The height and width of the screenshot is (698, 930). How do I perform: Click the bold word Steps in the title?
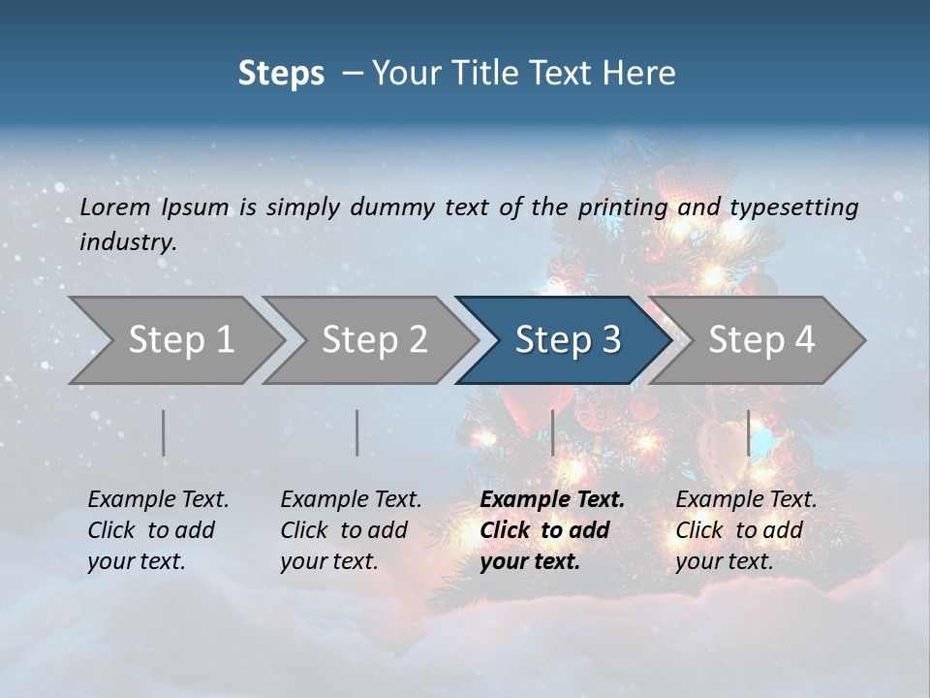(x=281, y=74)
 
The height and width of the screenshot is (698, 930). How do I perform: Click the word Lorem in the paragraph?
(x=115, y=206)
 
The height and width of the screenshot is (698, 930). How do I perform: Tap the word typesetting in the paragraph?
(x=794, y=206)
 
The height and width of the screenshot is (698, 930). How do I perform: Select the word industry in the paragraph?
(x=127, y=241)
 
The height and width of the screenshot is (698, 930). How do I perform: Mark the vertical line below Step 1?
(x=164, y=432)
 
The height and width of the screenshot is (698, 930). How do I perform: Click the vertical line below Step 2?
(x=357, y=432)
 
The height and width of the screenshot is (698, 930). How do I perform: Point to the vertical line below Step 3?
(x=552, y=432)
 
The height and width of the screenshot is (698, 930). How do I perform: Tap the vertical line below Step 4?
(x=748, y=432)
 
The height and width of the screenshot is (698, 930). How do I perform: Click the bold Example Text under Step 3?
(x=552, y=499)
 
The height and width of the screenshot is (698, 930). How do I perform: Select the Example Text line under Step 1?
(x=158, y=499)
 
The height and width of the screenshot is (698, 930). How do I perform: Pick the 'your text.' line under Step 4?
(x=724, y=561)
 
